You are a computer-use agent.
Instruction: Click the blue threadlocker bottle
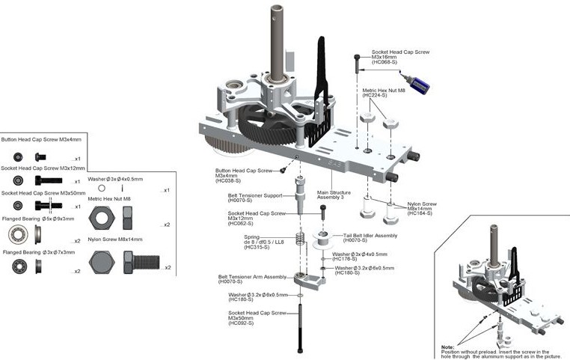[x=417, y=84]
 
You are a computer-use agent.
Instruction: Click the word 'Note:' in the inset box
[x=448, y=347]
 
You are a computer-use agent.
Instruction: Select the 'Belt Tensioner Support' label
[x=255, y=195]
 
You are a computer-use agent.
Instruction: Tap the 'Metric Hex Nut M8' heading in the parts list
[x=109, y=198]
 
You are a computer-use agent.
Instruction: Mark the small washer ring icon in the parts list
[x=102, y=188]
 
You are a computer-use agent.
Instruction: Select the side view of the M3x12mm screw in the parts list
[x=49, y=181]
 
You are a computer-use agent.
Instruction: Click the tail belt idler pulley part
[x=322, y=240]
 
